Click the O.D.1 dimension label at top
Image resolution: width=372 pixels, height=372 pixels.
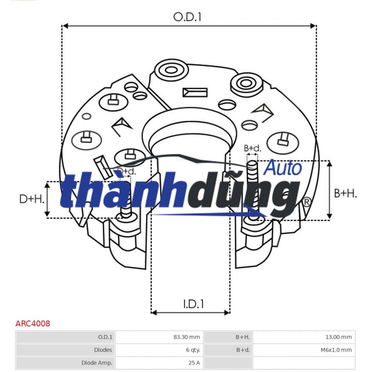187,17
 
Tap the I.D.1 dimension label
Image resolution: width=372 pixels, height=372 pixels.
193,304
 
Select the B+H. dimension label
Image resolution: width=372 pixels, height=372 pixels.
345,193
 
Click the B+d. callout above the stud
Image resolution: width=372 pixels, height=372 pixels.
252,148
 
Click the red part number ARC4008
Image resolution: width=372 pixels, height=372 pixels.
33,323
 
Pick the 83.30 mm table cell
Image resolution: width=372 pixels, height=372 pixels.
187,337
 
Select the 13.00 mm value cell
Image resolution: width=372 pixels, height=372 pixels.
338,337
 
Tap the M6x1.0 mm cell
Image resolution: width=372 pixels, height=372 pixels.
336,350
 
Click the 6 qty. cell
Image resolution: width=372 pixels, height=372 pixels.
193,350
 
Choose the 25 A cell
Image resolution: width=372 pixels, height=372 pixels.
194,363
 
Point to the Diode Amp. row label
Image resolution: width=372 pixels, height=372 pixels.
97,363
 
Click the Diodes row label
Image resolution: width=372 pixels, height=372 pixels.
103,350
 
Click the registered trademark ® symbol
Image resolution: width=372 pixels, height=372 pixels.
306,202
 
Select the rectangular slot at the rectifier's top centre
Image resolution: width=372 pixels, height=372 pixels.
195,92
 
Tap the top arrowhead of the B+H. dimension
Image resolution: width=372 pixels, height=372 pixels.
329,164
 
